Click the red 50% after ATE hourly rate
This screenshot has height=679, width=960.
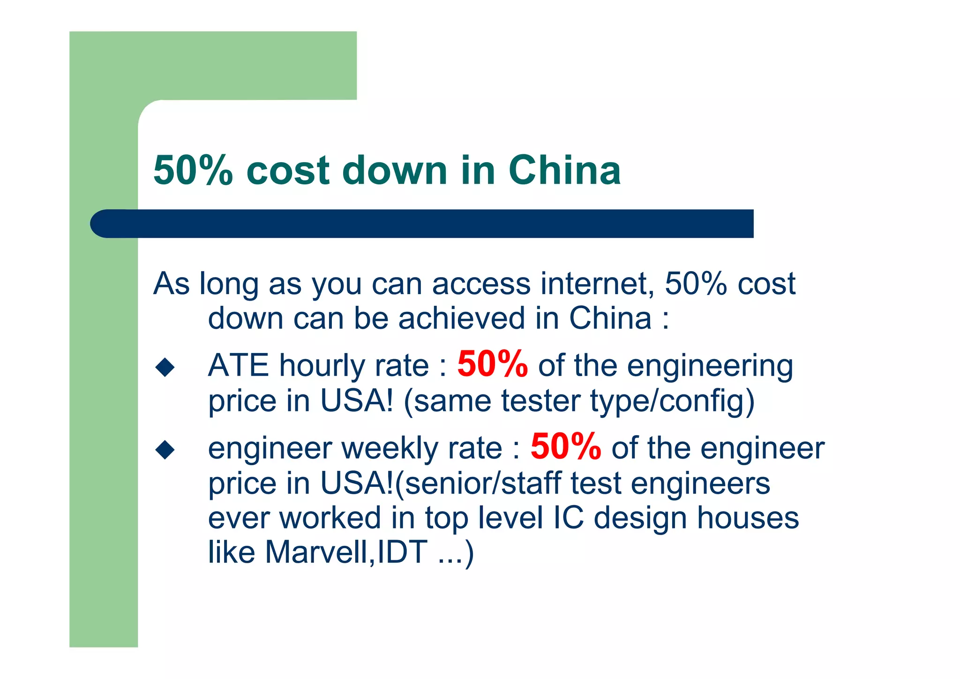tap(492, 364)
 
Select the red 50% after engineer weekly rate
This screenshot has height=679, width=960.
tap(566, 447)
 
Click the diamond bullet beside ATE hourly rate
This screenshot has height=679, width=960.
tap(165, 367)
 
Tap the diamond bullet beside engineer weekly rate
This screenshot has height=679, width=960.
tap(165, 449)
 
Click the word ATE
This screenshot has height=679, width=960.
tap(238, 365)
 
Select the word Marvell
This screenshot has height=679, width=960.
tap(318, 552)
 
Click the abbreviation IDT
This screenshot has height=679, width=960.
tap(402, 552)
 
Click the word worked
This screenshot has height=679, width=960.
tap(330, 518)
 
